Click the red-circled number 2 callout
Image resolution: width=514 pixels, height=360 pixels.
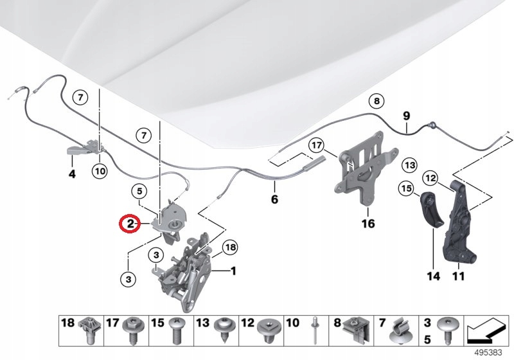click(x=130, y=224)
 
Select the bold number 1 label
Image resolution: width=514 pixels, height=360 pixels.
click(x=233, y=271)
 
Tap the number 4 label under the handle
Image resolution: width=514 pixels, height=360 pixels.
click(x=72, y=174)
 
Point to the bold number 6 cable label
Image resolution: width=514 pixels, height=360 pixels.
click(x=274, y=199)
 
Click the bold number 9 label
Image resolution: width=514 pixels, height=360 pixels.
click(x=406, y=116)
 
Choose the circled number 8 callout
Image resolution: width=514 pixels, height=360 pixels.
click(x=376, y=101)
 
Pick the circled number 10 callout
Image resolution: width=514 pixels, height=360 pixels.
click(x=99, y=171)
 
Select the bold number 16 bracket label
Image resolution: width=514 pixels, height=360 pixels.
click(x=368, y=224)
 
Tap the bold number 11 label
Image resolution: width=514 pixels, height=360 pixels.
click(x=457, y=277)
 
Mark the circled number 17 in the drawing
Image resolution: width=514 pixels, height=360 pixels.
click(x=315, y=146)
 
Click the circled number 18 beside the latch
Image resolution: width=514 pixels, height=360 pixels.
click(x=229, y=248)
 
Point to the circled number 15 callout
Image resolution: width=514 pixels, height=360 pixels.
click(x=405, y=189)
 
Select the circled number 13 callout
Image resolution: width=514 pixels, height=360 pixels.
click(x=410, y=165)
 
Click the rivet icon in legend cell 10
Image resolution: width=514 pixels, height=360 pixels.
click(x=315, y=330)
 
